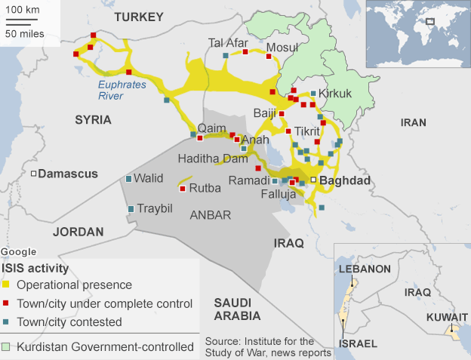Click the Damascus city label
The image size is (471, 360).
(68, 174)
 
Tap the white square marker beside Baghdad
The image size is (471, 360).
(313, 180)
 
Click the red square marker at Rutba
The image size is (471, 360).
(182, 189)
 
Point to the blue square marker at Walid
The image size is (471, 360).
(128, 179)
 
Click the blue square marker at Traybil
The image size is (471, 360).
(131, 208)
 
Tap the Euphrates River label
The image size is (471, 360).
(122, 91)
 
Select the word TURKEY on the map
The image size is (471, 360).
(138, 16)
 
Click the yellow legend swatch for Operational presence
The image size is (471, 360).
(6, 285)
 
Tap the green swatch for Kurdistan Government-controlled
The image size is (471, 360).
(6, 347)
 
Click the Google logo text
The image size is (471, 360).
(18, 251)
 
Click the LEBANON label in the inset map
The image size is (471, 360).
(365, 269)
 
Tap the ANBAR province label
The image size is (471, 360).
(210, 215)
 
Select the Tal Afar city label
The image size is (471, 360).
(228, 43)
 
